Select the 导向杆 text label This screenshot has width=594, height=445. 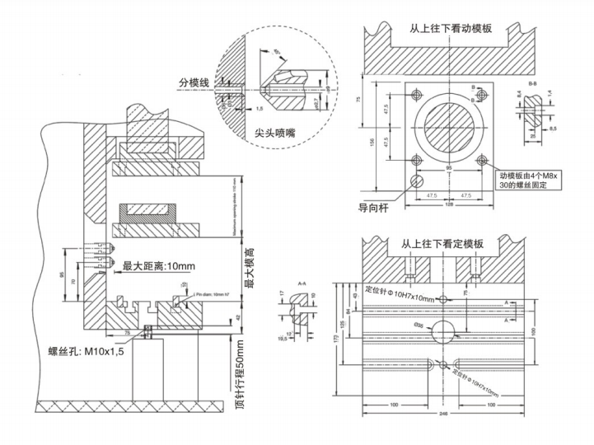[x=373, y=208]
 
